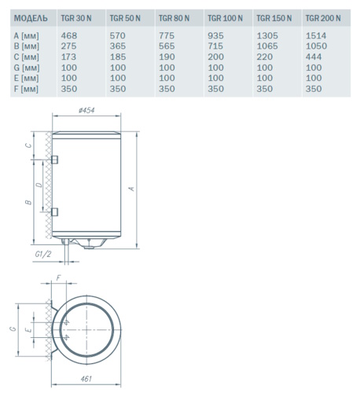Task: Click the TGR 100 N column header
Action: click(225, 18)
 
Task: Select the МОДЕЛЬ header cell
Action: click(31, 18)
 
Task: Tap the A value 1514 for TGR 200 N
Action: click(316, 35)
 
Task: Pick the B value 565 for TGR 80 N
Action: click(167, 46)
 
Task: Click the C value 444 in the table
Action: click(314, 57)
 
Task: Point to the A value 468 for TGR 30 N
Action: click(69, 35)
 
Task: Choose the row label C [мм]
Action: click(26, 57)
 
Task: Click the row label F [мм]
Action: click(26, 89)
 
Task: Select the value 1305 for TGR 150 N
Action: click(267, 35)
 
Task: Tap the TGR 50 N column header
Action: click(125, 18)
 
